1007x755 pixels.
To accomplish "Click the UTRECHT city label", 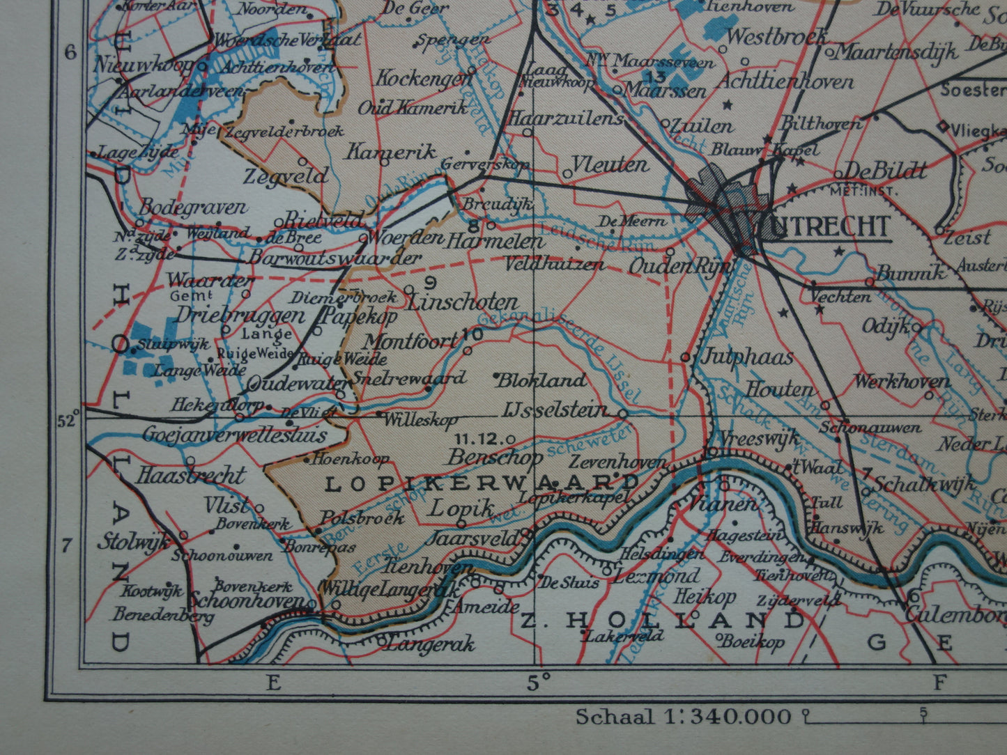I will tap(829, 226).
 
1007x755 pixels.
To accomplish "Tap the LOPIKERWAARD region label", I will tap(482, 483).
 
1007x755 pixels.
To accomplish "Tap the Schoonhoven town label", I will tap(247, 600).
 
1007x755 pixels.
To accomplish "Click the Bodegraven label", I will tap(193, 208).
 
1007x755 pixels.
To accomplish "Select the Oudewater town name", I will tap(299, 384).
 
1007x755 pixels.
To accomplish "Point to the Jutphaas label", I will tap(747, 357).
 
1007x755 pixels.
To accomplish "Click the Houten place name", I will tap(780, 389).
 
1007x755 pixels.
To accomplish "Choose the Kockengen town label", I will tap(424, 78).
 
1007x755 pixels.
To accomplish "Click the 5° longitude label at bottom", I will tap(534, 682).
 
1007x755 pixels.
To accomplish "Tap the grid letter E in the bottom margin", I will tap(273, 682).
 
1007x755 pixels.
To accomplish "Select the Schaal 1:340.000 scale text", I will tap(683, 716).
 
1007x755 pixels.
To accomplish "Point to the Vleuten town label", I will tap(610, 164).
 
